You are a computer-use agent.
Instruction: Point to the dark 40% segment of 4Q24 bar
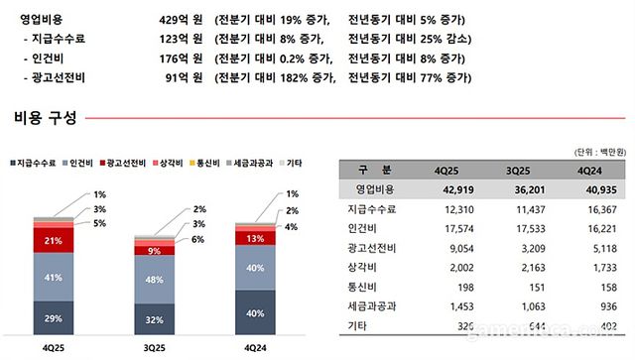tap(256, 314)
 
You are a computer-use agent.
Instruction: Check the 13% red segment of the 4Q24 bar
tap(256, 239)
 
